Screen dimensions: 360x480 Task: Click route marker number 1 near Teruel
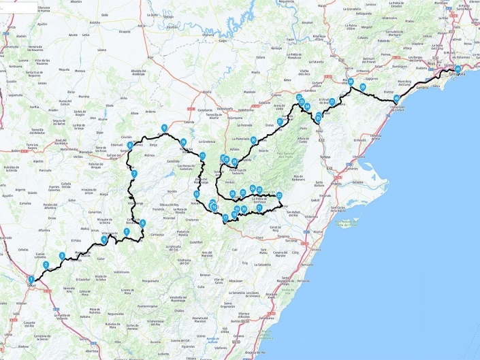31,279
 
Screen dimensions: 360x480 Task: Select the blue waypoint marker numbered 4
104,239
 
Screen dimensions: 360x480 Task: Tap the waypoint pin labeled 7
135,174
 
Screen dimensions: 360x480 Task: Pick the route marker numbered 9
164,128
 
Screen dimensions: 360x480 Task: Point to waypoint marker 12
196,194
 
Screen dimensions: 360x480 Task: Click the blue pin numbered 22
280,195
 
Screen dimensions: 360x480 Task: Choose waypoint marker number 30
253,140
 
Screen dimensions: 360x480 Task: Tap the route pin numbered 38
351,82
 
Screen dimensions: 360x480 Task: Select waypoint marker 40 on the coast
396,99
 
